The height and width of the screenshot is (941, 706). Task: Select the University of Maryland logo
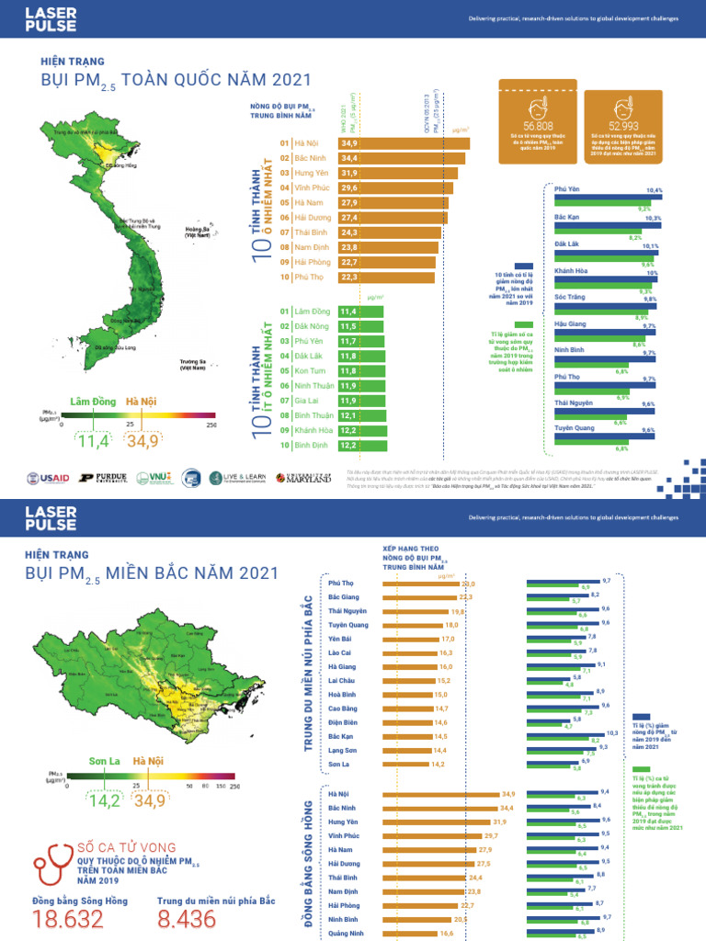point(306,477)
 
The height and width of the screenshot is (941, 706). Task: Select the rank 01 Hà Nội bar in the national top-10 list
point(404,143)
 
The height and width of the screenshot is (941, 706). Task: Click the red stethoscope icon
point(52,862)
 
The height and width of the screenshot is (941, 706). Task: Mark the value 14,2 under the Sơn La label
point(104,800)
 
